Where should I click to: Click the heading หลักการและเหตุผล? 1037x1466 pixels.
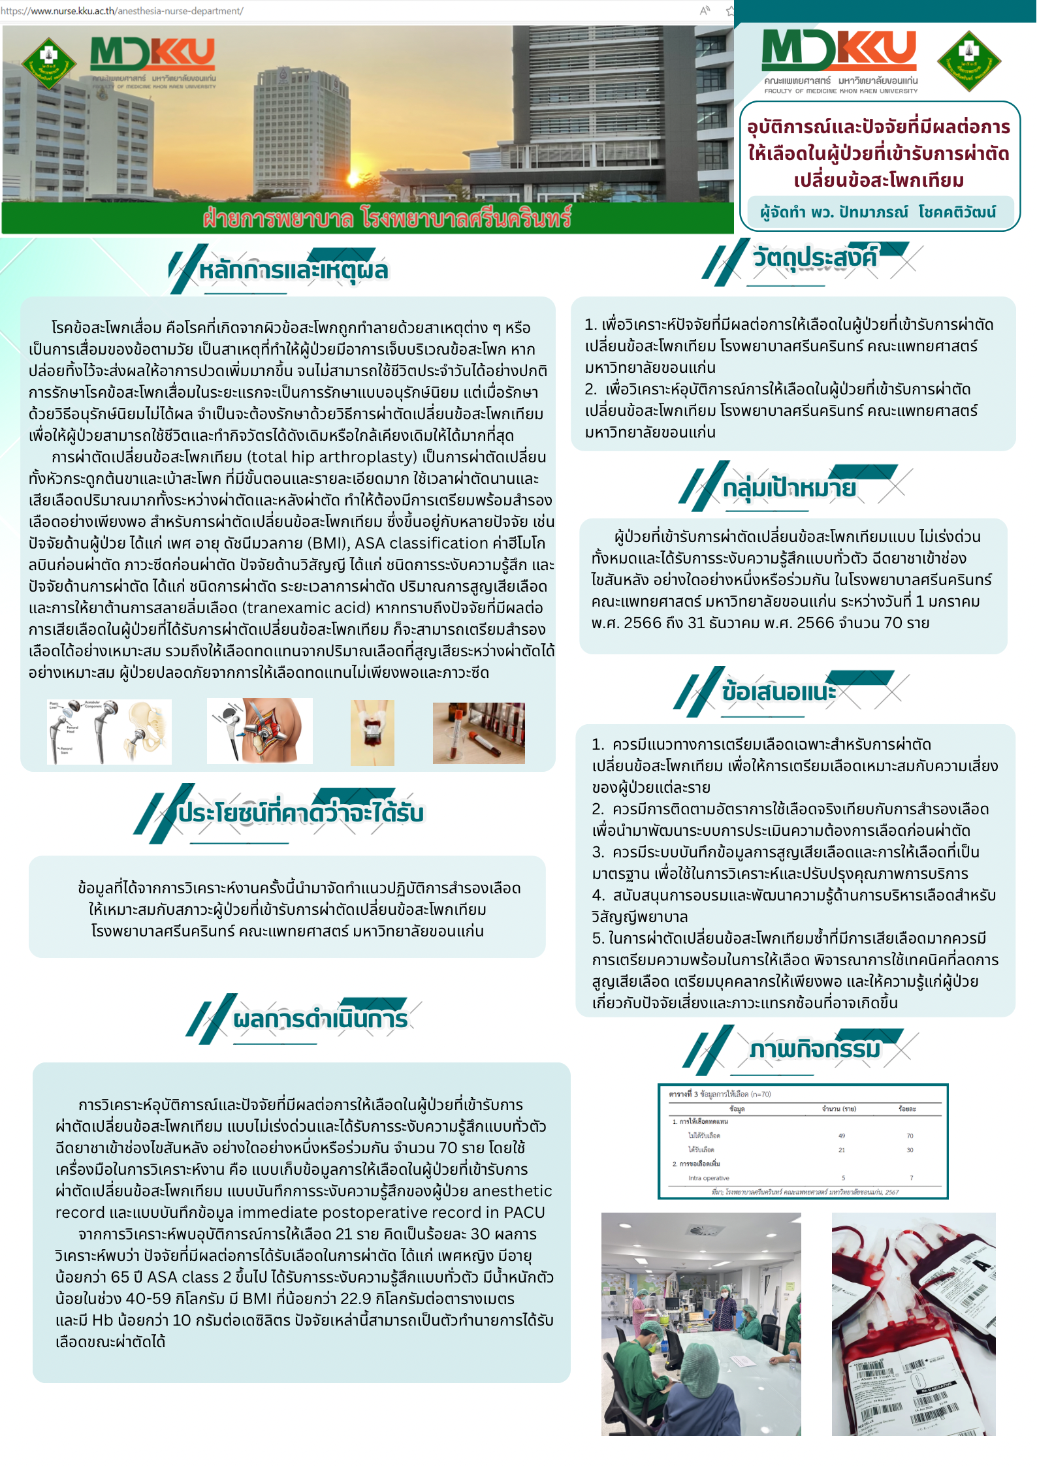pos(293,270)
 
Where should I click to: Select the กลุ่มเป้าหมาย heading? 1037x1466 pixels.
pos(789,487)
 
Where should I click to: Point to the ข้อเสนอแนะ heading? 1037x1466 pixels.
pos(778,692)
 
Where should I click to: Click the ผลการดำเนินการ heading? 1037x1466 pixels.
pos(320,1019)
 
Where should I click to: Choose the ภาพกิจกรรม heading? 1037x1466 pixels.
pos(815,1049)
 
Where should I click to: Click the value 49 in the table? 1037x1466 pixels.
pos(842,1136)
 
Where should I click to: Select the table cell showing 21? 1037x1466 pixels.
pos(842,1150)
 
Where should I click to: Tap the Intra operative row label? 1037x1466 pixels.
pos(709,1178)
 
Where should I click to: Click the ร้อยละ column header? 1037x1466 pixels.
pos(907,1109)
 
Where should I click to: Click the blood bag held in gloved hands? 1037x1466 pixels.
pos(372,732)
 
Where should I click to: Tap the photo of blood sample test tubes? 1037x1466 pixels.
pos(479,733)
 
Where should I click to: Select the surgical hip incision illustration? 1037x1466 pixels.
pos(260,731)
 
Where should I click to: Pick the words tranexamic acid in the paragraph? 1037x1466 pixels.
pos(306,607)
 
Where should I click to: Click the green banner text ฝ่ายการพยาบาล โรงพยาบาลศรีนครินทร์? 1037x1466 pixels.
pos(387,218)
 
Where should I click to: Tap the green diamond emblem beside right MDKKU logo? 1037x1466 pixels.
pos(968,60)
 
